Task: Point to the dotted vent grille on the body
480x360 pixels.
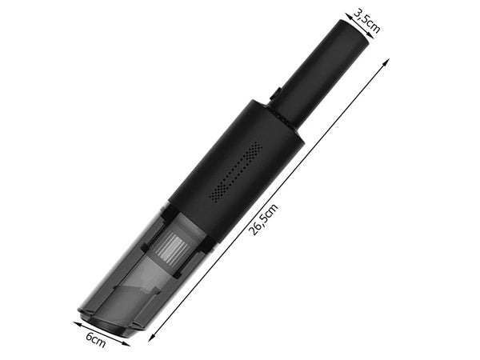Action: (235, 173)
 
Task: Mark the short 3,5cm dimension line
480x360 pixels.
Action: (361, 24)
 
